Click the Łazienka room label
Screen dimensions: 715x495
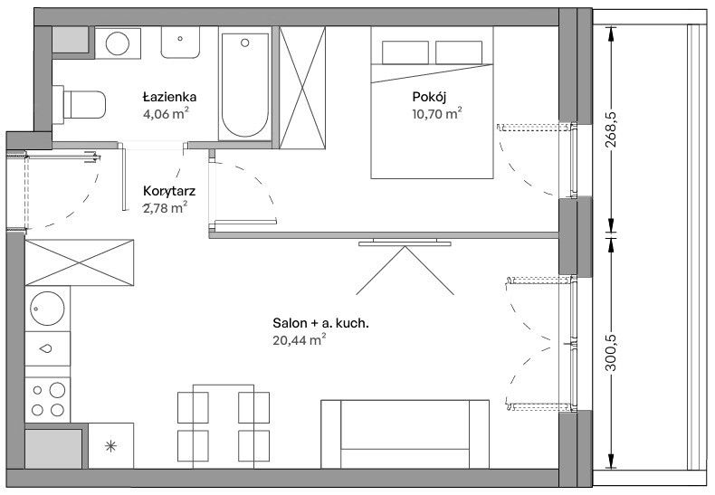click(169, 97)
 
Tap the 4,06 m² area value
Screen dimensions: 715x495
click(166, 113)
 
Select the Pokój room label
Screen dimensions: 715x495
click(429, 97)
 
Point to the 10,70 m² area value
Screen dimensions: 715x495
click(437, 113)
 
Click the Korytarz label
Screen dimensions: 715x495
click(169, 191)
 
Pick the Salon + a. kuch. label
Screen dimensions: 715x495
click(321, 323)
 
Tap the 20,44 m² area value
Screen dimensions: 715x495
click(300, 340)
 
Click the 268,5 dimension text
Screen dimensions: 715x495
click(611, 130)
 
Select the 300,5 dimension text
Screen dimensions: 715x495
click(611, 353)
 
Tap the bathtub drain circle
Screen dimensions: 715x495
click(245, 43)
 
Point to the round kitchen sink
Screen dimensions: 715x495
click(47, 309)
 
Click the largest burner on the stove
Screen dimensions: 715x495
click(57, 390)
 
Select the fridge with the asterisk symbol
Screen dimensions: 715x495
click(110, 446)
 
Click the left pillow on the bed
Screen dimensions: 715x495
click(405, 52)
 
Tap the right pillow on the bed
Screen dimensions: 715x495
click(459, 52)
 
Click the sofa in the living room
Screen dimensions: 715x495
click(405, 434)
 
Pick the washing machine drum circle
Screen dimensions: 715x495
click(118, 43)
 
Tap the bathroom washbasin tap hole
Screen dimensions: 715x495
click(180, 39)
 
